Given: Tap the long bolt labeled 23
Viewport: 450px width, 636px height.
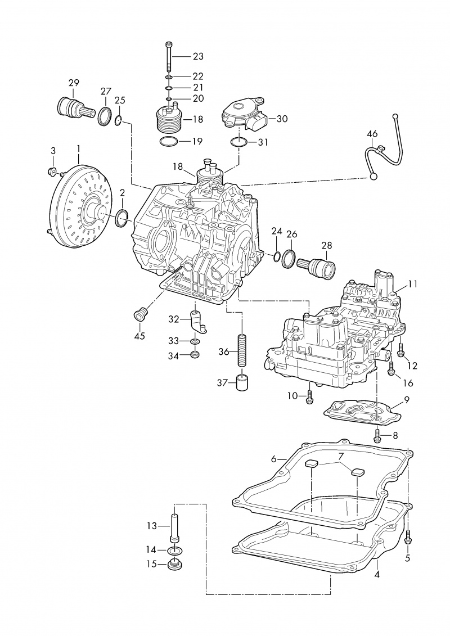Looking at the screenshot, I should click(x=168, y=56).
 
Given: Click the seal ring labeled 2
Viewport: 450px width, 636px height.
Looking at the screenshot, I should click(x=122, y=218).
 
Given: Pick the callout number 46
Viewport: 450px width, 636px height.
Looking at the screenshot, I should click(x=372, y=134).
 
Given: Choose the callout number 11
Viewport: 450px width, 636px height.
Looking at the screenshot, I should click(x=413, y=284).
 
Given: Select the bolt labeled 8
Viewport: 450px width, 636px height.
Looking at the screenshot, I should click(x=378, y=434).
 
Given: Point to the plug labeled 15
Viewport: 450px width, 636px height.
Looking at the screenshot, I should click(x=175, y=563).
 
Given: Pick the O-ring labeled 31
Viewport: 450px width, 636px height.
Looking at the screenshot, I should click(x=239, y=141).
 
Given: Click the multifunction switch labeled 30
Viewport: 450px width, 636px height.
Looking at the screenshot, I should click(x=246, y=114).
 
